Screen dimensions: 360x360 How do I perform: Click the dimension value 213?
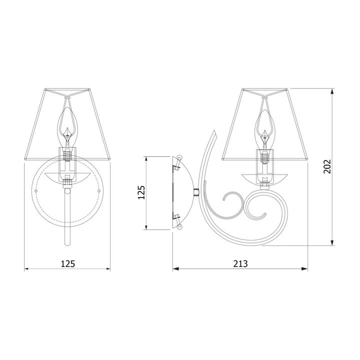click(x=240, y=264)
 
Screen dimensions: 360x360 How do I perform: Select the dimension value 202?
click(x=327, y=166)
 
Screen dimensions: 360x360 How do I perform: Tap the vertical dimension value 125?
click(x=141, y=192)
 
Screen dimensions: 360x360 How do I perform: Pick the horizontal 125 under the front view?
click(x=67, y=264)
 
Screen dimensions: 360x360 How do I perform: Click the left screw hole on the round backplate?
click(x=35, y=191)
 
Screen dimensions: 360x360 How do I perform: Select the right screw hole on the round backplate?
click(x=99, y=191)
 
